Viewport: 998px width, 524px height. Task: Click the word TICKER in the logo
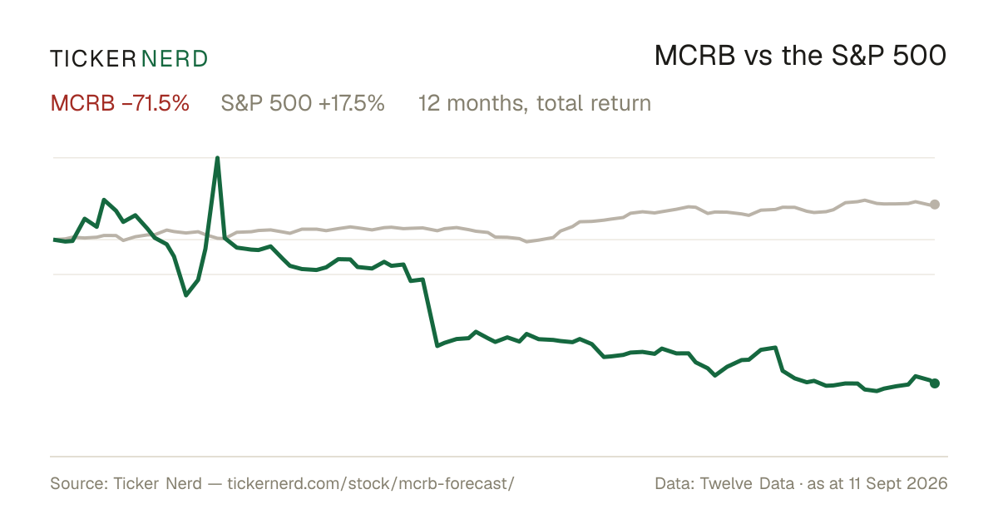(x=93, y=59)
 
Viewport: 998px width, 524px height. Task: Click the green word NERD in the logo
(x=175, y=59)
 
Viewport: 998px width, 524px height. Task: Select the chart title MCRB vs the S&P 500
(x=800, y=56)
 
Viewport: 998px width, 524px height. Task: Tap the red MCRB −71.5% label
(x=120, y=103)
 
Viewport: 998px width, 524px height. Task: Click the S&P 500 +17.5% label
(x=303, y=103)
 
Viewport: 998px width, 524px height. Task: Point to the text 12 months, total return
(x=535, y=103)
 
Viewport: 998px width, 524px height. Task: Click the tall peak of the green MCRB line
(x=217, y=158)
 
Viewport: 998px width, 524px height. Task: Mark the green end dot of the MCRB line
(x=935, y=383)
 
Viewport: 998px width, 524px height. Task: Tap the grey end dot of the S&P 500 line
(x=935, y=205)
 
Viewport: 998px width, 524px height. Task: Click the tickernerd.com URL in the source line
(x=371, y=483)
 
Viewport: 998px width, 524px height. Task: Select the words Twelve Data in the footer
(x=747, y=483)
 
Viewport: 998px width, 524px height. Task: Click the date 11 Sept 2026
(x=898, y=483)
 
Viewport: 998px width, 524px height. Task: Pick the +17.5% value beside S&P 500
(x=352, y=103)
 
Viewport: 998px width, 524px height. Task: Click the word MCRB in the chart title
(x=695, y=56)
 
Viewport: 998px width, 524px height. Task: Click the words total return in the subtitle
(x=594, y=103)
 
